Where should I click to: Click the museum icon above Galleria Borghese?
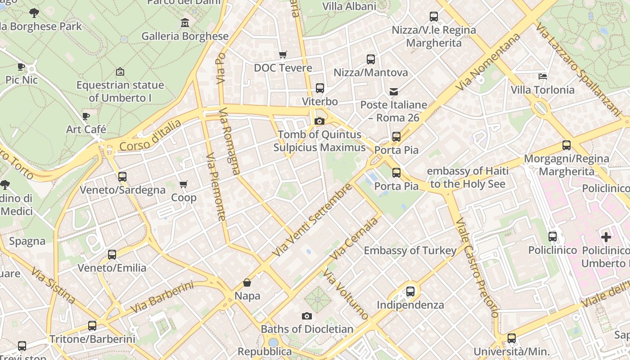pyautogui.click(x=184, y=22)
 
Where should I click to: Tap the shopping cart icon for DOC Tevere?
pyautogui.click(x=283, y=54)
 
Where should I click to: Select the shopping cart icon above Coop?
pyautogui.click(x=183, y=184)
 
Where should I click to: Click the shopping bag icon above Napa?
pyautogui.click(x=247, y=283)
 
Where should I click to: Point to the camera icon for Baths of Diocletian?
pyautogui.click(x=307, y=316)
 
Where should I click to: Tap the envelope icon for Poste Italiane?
pyautogui.click(x=394, y=92)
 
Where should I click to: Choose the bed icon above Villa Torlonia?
pyautogui.click(x=543, y=76)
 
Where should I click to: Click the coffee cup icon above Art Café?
pyautogui.click(x=86, y=116)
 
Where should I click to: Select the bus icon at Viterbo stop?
pyautogui.click(x=320, y=88)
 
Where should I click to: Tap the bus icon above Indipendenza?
pyautogui.click(x=410, y=292)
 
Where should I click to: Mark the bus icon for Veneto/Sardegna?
pyautogui.click(x=122, y=177)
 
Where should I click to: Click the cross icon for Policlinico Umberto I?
pyautogui.click(x=606, y=237)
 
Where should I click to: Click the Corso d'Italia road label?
pyautogui.click(x=151, y=135)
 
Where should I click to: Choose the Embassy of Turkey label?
pyautogui.click(x=410, y=251)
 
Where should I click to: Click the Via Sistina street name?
pyautogui.click(x=53, y=285)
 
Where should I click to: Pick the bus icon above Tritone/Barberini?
pyautogui.click(x=92, y=326)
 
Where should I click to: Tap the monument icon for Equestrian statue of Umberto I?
pyautogui.click(x=120, y=72)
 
